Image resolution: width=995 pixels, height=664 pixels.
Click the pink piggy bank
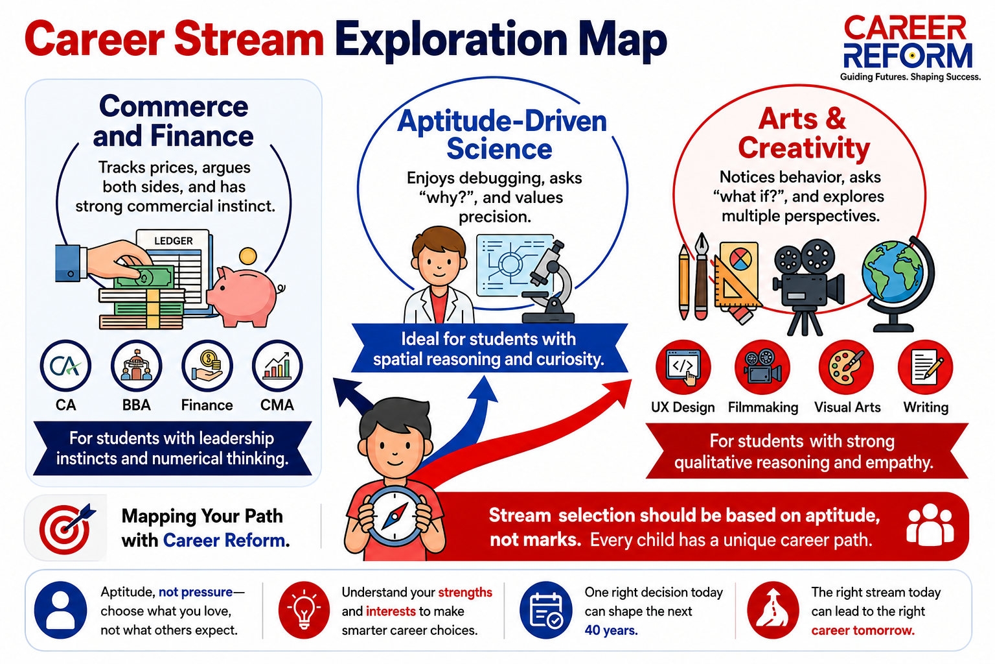tap(244, 296)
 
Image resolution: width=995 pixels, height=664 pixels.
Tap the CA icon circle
tap(65, 366)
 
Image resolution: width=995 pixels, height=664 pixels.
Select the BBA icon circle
tap(136, 366)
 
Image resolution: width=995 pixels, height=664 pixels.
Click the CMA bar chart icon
tap(277, 366)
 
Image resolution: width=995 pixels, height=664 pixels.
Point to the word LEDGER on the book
tap(173, 241)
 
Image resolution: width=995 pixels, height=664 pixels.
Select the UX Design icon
tap(683, 368)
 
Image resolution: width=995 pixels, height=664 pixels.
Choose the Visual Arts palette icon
tap(846, 368)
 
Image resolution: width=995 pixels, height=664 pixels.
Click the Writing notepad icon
tap(925, 368)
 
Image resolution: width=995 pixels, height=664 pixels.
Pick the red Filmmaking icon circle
tap(762, 368)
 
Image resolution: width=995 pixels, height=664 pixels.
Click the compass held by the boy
tap(395, 516)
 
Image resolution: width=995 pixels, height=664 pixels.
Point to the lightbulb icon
tap(304, 610)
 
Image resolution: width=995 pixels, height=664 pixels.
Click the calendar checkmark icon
tap(546, 610)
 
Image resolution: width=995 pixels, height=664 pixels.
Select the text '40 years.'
tap(611, 630)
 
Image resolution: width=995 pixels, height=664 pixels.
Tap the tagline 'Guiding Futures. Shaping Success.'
tap(910, 77)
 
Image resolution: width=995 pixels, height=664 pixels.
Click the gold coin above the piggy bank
tap(248, 257)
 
